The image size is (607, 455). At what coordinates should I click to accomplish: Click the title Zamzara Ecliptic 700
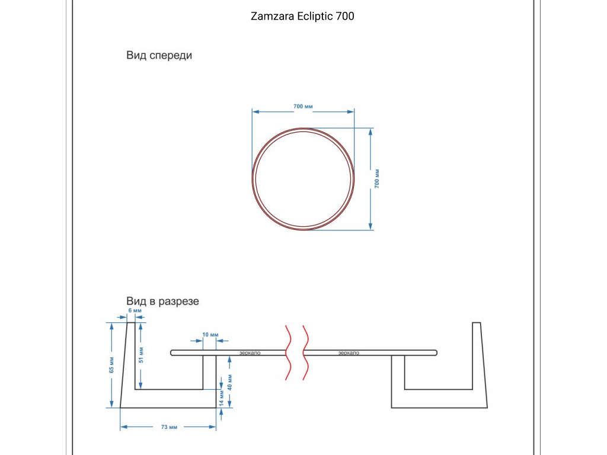302,16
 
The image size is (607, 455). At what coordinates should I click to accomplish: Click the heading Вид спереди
159,56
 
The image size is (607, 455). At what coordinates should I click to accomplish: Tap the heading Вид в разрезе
162,302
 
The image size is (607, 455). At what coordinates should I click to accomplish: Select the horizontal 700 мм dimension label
303,107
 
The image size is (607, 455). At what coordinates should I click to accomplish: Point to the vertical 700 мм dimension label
377,179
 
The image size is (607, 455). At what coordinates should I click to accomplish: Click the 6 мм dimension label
135,310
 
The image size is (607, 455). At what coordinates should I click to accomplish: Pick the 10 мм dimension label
210,335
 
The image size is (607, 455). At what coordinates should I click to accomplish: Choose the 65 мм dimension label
111,365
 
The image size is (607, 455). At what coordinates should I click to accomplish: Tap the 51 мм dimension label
141,355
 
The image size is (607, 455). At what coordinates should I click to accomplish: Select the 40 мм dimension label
229,382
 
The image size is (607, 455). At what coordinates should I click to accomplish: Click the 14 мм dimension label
222,398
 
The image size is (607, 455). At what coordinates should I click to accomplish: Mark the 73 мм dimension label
169,427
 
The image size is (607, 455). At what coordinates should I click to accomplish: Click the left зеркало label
250,353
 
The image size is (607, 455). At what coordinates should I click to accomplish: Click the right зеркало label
349,353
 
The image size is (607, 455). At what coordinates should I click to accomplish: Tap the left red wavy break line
289,353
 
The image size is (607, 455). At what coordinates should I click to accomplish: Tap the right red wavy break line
305,353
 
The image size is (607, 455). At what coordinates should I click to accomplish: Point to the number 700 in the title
345,16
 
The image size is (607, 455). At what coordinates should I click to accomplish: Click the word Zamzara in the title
273,16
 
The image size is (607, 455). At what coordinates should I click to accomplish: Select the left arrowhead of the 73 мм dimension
124,427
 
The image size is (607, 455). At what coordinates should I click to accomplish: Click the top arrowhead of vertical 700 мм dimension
370,132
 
